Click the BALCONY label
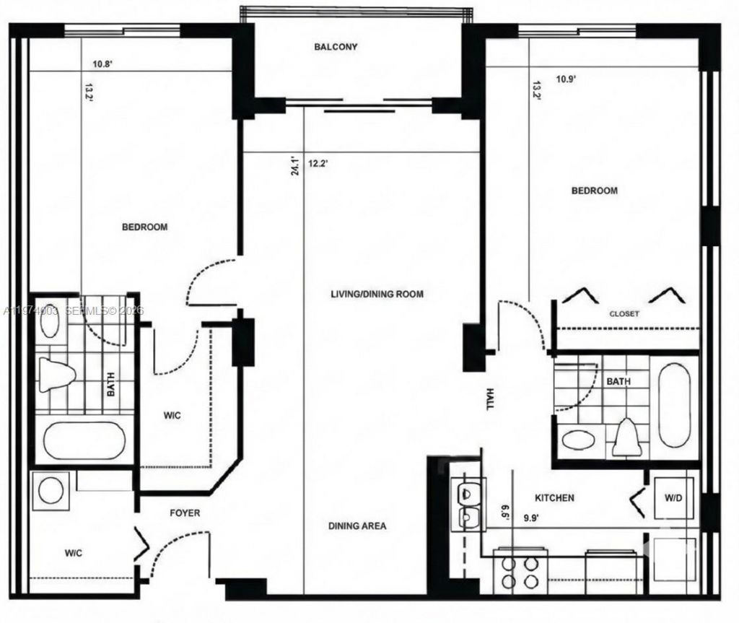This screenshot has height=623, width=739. (336, 47)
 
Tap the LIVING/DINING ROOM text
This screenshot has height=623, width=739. (377, 294)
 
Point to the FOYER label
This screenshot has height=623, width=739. (185, 513)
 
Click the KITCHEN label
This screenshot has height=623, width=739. (554, 498)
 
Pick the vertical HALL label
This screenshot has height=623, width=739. (490, 398)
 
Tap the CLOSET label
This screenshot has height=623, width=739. (624, 314)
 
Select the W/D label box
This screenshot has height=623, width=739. (672, 497)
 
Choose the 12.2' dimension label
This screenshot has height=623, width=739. (318, 164)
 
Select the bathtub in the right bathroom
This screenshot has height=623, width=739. (675, 406)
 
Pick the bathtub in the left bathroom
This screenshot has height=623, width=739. (84, 440)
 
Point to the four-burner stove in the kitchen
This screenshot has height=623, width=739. (519, 572)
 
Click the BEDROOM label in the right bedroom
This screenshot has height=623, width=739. (595, 191)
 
